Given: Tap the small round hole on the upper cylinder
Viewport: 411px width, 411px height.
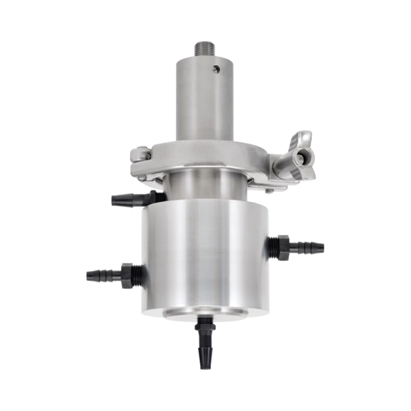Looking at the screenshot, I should (x=217, y=68).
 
